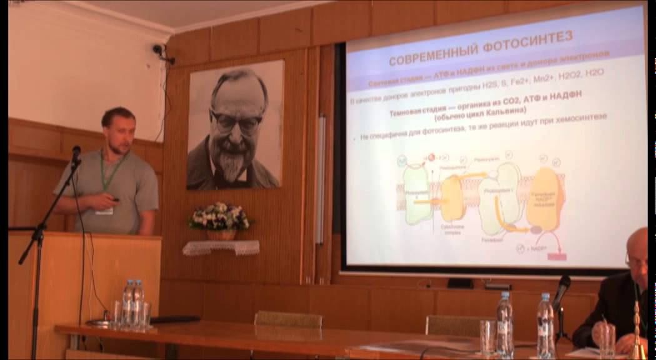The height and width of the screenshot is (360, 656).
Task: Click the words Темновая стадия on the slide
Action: pyautogui.click(x=419, y=114)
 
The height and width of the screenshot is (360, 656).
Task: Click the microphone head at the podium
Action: pyautogui.click(x=76, y=153)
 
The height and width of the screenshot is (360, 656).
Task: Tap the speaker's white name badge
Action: pyautogui.click(x=104, y=211)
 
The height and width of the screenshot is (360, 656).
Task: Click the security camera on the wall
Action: pyautogui.click(x=159, y=49)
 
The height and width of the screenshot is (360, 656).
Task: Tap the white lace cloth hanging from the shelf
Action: pyautogui.click(x=221, y=247)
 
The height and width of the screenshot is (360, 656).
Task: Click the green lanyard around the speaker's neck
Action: pyautogui.click(x=111, y=172)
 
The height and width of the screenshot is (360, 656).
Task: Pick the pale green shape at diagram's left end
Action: pyautogui.click(x=416, y=194)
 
